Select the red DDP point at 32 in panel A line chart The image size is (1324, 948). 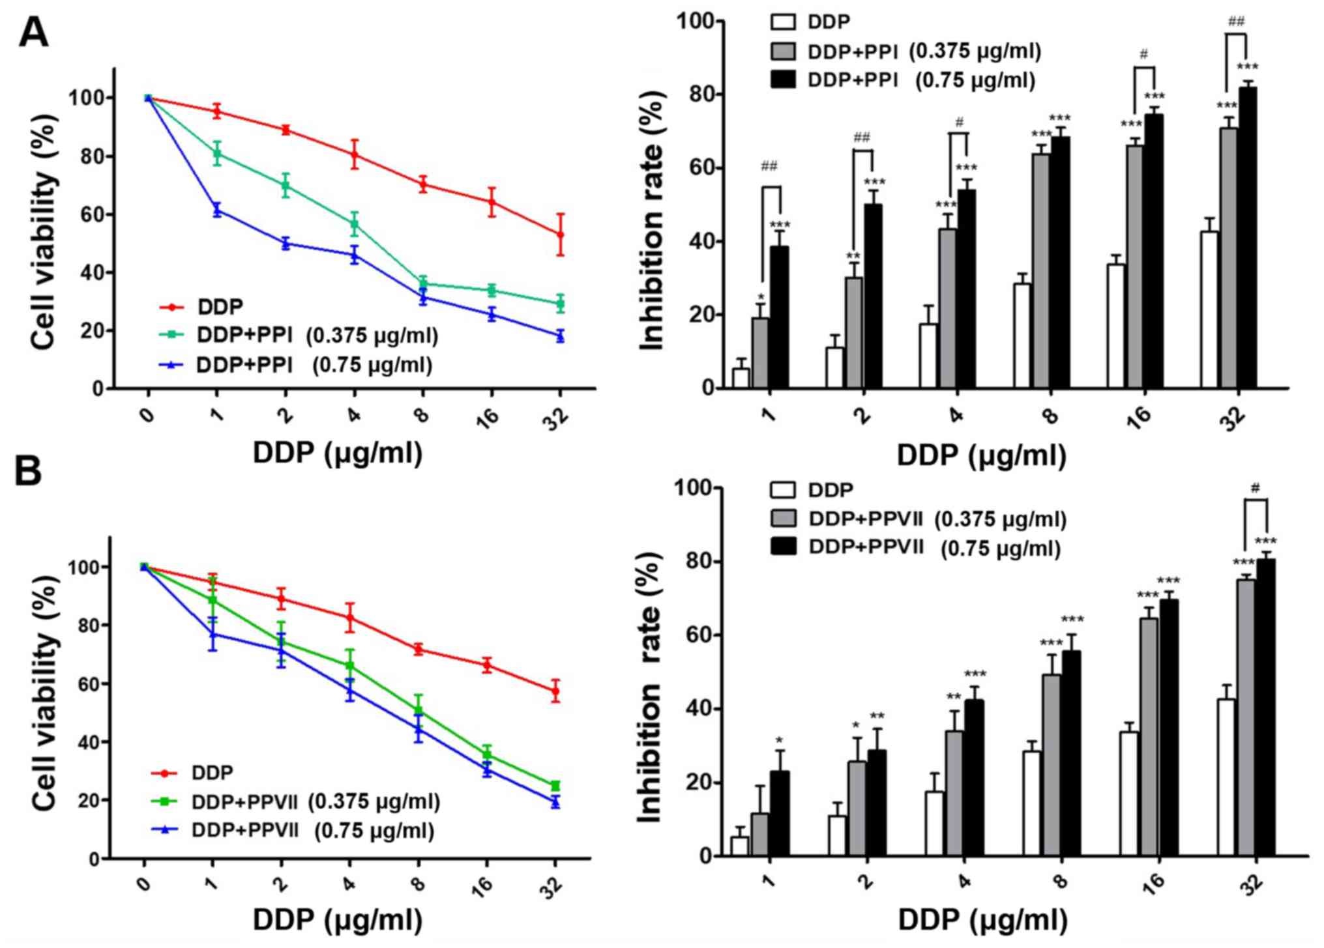(x=559, y=234)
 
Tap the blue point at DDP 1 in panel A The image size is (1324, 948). (x=217, y=209)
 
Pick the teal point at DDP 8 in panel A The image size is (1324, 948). (x=422, y=283)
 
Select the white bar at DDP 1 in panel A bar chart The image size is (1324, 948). (x=741, y=378)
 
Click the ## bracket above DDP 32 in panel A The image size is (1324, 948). (x=1235, y=35)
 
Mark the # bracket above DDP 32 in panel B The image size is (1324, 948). (x=1256, y=500)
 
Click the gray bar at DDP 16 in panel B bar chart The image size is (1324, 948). (x=1149, y=736)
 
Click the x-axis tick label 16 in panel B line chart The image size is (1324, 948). (x=485, y=885)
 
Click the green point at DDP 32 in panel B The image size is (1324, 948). (x=555, y=786)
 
